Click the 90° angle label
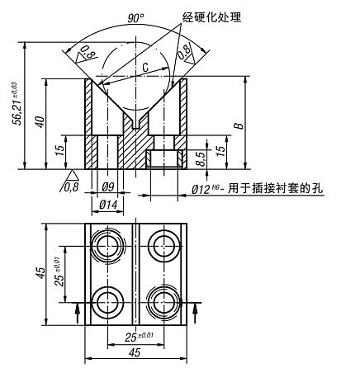point(135,17)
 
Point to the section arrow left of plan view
point(78,309)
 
